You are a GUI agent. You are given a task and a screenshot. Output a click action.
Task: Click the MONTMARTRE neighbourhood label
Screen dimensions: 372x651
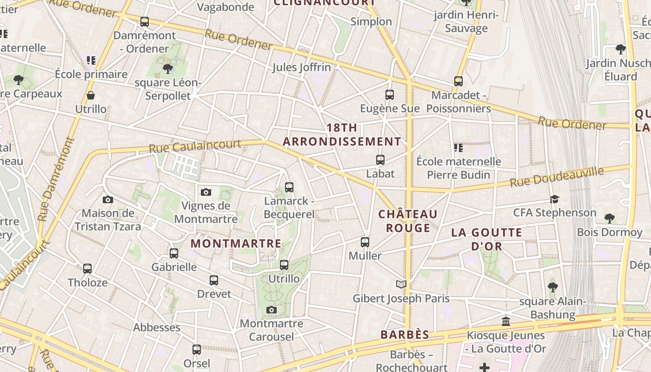236,243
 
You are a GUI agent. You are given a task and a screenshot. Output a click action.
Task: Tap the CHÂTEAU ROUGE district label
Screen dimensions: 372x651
408,221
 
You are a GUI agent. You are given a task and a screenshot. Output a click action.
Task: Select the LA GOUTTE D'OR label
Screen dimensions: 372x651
486,239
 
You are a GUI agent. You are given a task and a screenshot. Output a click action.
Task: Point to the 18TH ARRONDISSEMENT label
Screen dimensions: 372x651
342,134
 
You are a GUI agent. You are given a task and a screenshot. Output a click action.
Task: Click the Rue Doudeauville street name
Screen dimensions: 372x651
557,177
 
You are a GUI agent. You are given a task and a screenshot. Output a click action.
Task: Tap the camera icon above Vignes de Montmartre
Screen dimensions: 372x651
206,192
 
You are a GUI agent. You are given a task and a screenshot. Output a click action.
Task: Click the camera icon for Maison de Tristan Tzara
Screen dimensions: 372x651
108,200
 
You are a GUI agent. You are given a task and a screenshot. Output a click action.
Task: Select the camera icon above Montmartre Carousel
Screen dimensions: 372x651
272,310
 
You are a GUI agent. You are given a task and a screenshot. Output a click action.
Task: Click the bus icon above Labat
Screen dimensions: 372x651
380,160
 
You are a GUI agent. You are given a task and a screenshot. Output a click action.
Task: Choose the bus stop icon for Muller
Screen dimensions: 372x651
365,242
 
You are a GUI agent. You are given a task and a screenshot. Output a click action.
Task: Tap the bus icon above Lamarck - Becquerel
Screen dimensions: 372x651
289,187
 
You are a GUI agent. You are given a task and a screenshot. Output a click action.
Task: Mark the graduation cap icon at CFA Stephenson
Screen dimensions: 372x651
554,199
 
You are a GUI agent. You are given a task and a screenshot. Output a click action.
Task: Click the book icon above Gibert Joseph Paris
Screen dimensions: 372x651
401,284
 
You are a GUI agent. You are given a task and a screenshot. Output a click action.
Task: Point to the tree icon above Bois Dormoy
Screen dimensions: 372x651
609,218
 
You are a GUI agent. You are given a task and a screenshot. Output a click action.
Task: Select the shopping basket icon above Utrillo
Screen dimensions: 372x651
91,95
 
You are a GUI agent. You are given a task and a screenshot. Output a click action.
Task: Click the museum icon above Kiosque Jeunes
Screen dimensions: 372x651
506,321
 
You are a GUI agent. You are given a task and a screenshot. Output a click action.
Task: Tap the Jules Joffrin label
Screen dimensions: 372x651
301,67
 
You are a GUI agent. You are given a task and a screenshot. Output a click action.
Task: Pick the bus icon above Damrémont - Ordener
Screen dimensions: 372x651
145,22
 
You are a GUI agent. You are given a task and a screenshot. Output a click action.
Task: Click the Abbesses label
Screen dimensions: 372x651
157,327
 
